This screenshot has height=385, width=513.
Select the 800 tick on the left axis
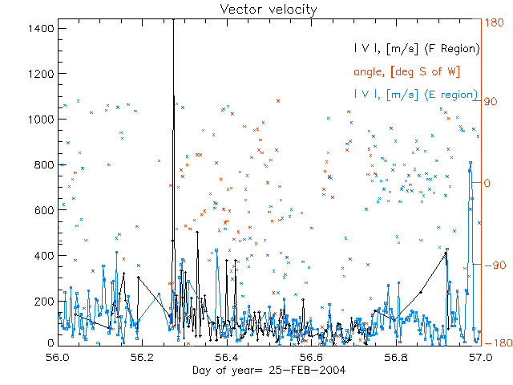pyautogui.click(x=43, y=164)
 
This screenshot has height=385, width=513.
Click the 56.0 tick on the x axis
pyautogui.click(x=59, y=356)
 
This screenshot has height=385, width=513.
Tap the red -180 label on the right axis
pyautogui.click(x=495, y=343)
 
